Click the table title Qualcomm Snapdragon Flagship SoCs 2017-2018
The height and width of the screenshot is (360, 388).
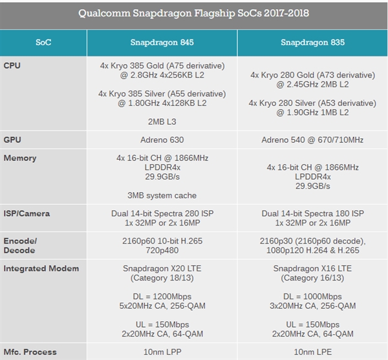tap(194, 13)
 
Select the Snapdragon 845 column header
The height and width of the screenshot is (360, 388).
tap(162, 43)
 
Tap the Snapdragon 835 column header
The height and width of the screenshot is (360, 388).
tap(313, 43)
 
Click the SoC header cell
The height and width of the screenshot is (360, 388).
tap(43, 43)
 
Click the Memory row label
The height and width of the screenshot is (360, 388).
tap(20, 158)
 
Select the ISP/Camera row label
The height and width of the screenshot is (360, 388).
tap(27, 213)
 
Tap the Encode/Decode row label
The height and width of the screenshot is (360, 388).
tap(20, 245)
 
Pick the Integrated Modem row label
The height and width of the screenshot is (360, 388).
tap(41, 268)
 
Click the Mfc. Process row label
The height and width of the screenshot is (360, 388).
tap(30, 352)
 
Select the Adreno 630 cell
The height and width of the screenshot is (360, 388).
tap(162, 140)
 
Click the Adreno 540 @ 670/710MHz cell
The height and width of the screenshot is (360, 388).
tap(313, 140)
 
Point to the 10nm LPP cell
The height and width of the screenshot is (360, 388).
tap(162, 352)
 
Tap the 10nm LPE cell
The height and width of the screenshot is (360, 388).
tap(313, 352)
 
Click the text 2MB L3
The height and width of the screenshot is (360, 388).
tap(162, 122)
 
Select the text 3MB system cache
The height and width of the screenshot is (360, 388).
tap(162, 195)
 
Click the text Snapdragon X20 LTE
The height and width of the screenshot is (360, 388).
tap(162, 268)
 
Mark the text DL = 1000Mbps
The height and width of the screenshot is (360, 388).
tap(313, 296)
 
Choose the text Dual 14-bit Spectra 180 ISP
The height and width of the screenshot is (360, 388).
tap(313, 213)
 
